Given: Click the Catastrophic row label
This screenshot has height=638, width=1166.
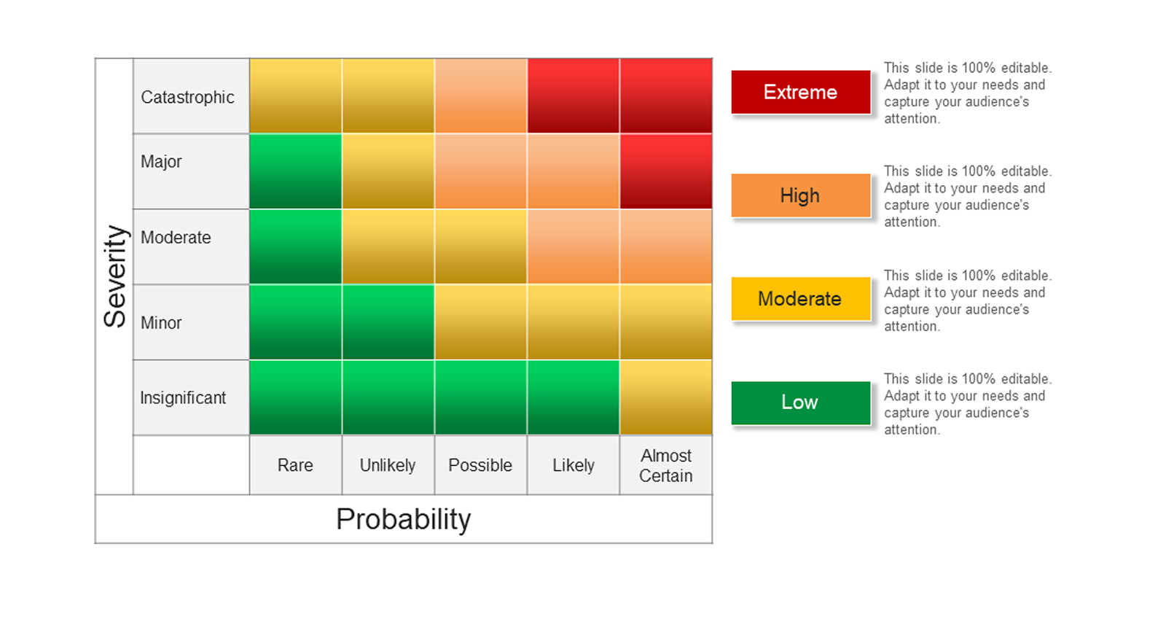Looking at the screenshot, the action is (187, 98).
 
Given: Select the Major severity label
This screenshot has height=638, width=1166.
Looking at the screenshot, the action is (161, 161).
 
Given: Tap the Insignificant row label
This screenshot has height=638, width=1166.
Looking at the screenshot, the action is (183, 398).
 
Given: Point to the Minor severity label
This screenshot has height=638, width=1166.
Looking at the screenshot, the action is (161, 323).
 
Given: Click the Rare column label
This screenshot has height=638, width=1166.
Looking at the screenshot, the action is (295, 465).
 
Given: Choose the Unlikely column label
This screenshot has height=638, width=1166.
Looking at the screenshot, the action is (388, 465).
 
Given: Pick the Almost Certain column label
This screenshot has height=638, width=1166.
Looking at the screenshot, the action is (666, 466).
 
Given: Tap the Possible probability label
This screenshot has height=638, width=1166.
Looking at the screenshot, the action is (480, 465).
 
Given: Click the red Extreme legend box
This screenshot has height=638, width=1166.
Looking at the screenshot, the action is (801, 92).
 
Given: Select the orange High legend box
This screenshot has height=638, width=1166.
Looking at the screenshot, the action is (801, 195).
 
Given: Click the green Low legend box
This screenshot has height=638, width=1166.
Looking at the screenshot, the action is (801, 402).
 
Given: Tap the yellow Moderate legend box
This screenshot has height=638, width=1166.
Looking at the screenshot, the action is (801, 299).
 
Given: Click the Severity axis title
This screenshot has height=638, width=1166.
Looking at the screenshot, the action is (115, 276).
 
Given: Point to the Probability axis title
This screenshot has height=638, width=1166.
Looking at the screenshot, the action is (404, 519).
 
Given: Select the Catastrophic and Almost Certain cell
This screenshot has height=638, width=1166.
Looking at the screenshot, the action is (666, 96).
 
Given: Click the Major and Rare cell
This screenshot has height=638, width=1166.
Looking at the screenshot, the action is (296, 171).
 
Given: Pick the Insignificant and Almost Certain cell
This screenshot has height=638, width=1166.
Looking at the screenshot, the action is (666, 397).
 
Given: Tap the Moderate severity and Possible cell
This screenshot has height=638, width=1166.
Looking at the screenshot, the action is (481, 247).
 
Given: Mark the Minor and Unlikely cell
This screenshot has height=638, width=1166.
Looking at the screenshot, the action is (388, 322).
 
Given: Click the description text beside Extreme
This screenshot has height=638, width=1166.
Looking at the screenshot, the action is (968, 93).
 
